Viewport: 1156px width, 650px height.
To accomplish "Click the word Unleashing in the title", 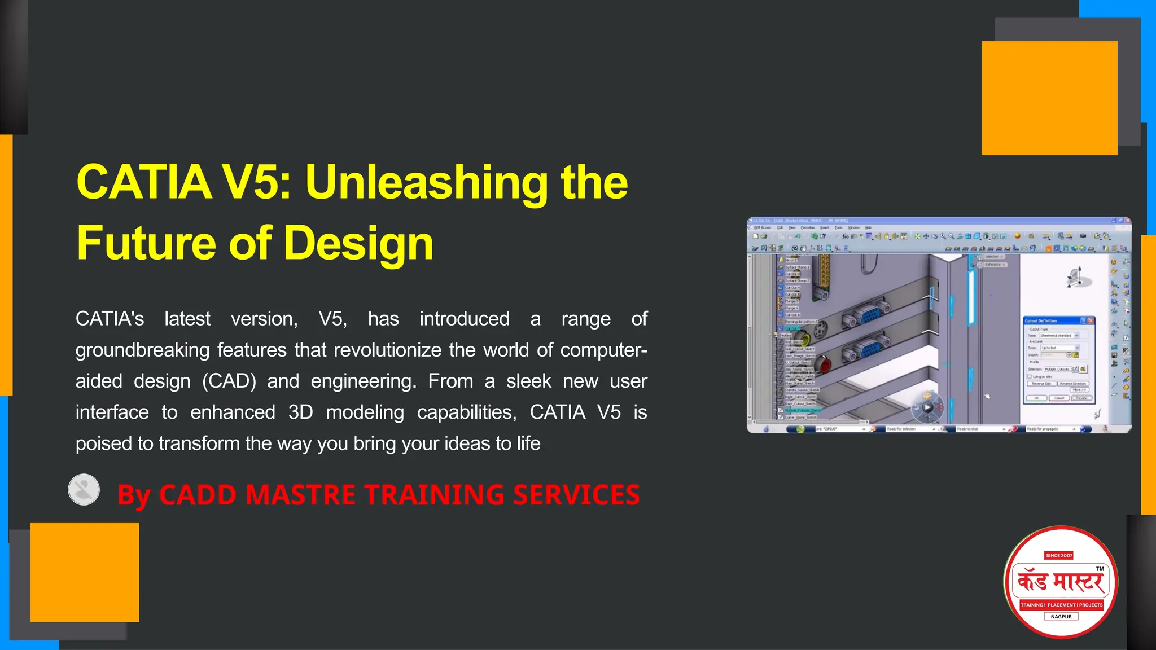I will click(426, 182).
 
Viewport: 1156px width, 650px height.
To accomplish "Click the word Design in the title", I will click(358, 243).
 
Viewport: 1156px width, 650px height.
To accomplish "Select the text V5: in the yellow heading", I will click(257, 182).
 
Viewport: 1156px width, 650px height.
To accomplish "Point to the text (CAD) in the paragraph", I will click(229, 381).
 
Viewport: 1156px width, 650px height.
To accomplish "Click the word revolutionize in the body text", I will click(387, 350).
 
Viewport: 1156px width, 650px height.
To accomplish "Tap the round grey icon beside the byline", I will click(84, 489).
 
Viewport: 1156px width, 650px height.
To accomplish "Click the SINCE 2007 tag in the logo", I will click(1058, 555).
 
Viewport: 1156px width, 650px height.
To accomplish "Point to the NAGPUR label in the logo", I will click(1061, 617).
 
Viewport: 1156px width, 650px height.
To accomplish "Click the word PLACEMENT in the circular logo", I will click(1061, 605).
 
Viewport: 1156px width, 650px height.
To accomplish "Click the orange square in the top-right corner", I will click(1049, 98).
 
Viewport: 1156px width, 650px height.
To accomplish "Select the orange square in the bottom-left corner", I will click(85, 572).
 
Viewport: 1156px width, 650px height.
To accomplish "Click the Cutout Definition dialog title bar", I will click(1050, 320).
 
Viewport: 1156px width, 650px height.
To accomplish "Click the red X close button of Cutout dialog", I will click(1091, 320).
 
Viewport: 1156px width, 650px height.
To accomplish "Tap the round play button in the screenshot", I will click(927, 407).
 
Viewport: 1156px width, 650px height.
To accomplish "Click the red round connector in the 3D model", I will click(824, 364).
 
